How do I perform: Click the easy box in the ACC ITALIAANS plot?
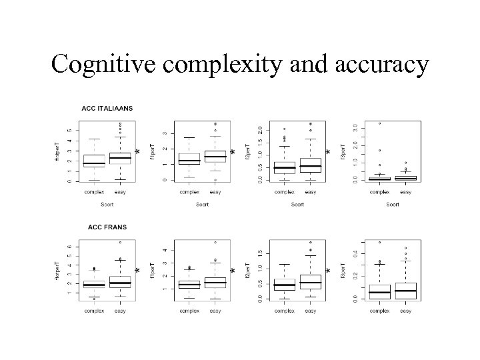click(120, 157)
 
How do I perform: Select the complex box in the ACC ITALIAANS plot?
click(94, 161)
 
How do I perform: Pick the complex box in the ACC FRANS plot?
click(94, 285)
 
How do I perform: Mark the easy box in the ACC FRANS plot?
click(120, 282)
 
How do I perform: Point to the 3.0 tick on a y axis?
click(353, 127)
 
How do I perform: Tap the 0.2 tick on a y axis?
click(353, 275)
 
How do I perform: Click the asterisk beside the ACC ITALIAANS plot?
click(137, 153)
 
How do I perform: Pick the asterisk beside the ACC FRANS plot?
click(137, 272)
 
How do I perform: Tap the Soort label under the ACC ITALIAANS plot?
click(107, 204)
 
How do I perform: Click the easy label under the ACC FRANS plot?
click(120, 310)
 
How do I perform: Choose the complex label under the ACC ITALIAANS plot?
click(94, 192)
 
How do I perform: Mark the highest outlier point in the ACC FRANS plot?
click(120, 242)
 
